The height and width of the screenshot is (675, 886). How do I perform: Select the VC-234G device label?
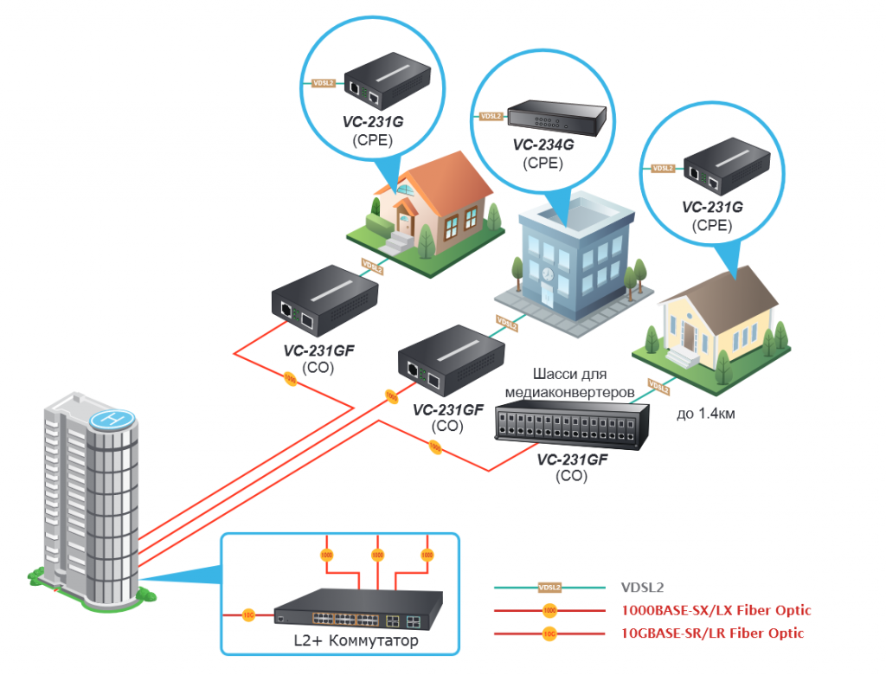[543, 145]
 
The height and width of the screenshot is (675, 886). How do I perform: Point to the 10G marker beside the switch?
[249, 616]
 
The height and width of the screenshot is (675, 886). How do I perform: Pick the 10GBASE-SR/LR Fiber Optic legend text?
[712, 633]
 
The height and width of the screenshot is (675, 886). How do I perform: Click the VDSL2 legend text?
[640, 587]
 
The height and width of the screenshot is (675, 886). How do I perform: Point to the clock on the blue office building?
[547, 273]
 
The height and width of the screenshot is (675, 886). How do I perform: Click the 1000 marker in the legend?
[549, 611]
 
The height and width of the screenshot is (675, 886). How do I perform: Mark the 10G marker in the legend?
[549, 633]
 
